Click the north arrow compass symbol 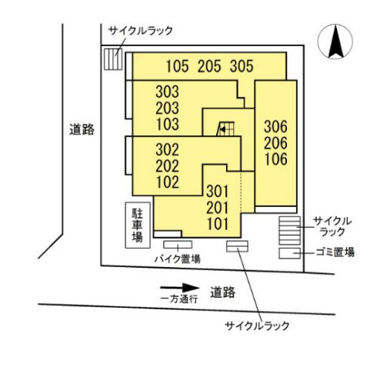335,42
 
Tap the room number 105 178,66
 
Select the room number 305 242,66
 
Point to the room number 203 167,108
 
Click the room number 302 167,150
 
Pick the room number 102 168,182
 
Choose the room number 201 218,208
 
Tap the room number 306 275,127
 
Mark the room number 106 276,159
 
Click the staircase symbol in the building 225,128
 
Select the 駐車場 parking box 138,225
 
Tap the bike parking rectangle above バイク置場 178,245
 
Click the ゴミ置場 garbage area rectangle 290,253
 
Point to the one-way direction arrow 180,288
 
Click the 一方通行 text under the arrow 179,299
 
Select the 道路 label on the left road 82,129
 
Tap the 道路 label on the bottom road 222,292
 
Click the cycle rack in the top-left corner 113,59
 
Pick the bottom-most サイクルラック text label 257,326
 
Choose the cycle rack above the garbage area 290,231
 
